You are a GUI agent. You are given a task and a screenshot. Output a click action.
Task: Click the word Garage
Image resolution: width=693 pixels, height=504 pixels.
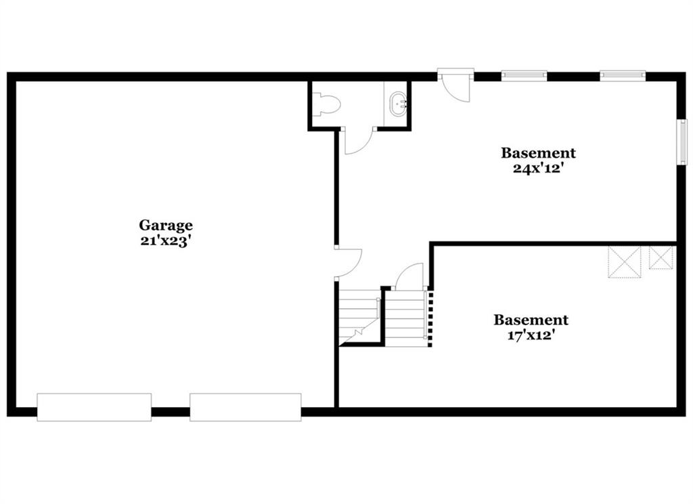point(166,226)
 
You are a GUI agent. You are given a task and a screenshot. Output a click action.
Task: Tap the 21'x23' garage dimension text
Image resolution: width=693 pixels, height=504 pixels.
point(165,241)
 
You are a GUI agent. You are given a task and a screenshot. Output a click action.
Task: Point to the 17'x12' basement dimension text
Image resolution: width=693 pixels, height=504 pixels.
point(531,335)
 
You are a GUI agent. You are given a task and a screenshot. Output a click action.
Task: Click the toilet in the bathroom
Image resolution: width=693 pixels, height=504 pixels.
point(326,105)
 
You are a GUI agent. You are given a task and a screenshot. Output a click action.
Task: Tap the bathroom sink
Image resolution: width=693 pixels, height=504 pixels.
point(398,104)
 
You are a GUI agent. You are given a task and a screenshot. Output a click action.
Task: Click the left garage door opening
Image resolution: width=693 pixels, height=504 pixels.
point(94,407)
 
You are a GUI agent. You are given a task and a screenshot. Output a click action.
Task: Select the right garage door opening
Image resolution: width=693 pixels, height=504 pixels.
point(246,407)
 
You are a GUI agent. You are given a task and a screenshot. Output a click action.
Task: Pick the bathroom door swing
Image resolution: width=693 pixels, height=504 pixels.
point(359,140)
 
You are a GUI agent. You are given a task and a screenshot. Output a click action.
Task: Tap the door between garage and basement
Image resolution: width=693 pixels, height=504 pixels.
point(349,264)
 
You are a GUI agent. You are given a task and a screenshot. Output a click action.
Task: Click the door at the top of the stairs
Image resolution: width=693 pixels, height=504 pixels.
point(409,276)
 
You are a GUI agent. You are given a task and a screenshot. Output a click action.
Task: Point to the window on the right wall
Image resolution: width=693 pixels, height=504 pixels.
point(684,142)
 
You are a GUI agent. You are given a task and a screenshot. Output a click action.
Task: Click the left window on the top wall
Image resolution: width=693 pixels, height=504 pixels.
point(524,76)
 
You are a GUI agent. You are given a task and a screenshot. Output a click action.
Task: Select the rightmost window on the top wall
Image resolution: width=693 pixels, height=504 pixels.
point(623,76)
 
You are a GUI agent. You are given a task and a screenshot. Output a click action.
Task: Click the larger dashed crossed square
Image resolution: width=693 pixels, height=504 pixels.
point(625,262)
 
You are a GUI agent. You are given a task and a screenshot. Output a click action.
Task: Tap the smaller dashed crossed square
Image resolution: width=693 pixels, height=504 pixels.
point(661,257)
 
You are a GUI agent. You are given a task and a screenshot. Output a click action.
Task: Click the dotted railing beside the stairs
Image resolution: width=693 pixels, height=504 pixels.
point(431,317)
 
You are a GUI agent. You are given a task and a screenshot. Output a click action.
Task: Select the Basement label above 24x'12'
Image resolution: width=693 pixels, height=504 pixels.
point(538,153)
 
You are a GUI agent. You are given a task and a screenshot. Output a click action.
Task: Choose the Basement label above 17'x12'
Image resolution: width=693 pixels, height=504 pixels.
point(531,320)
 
